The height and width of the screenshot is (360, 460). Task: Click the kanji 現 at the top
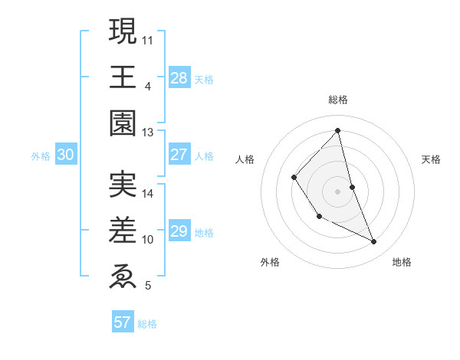[123, 32]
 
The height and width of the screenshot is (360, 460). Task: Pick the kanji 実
[123, 185]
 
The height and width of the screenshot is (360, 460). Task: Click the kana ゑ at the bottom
[123, 274]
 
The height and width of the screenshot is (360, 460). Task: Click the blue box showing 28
[179, 78]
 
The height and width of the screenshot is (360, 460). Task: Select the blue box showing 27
[179, 155]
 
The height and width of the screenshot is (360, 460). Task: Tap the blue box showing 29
[179, 231]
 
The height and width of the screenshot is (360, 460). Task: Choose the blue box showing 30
[66, 155]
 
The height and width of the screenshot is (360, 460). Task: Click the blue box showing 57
[123, 322]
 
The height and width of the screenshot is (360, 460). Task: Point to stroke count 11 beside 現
[149, 38]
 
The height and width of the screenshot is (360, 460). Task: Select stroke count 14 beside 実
[149, 194]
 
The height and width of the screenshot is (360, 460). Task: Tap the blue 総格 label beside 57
[148, 324]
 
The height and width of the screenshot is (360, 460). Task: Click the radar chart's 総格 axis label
[337, 100]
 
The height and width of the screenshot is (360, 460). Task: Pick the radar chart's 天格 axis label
[431, 159]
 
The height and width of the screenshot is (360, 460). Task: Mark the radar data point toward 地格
[374, 242]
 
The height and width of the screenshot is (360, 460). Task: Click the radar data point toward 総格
[337, 130]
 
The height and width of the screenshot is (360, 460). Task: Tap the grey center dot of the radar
[337, 191]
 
